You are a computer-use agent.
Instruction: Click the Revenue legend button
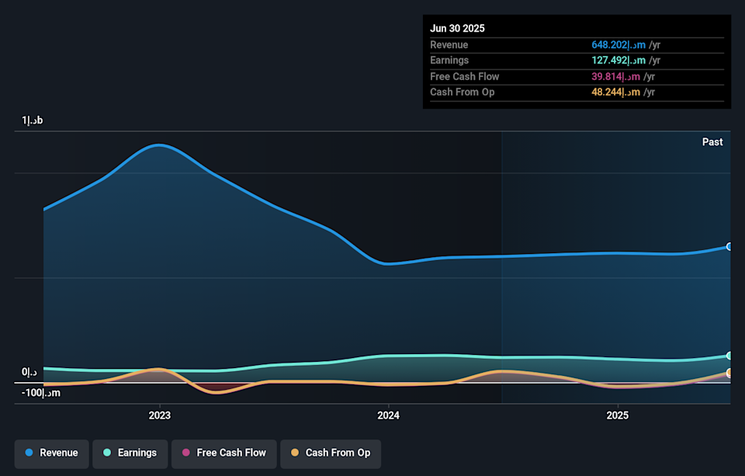coord(51,453)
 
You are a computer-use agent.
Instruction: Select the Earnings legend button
coord(130,453)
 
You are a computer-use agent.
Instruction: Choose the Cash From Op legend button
coord(330,453)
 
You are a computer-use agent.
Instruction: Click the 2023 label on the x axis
coord(159,415)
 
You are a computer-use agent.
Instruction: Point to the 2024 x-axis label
coord(388,415)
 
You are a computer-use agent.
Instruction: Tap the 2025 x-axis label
coord(617,415)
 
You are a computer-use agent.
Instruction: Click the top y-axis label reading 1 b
coord(33,120)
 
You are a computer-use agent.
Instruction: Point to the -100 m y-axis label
coord(40,393)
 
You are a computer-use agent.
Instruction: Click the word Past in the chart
coord(712,142)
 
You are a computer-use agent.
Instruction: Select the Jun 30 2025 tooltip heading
coord(457,28)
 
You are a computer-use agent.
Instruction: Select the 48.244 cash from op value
coord(618,92)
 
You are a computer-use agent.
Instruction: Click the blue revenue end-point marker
coord(729,246)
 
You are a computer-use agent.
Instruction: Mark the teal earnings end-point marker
coord(729,356)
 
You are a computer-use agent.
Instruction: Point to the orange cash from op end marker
coord(729,374)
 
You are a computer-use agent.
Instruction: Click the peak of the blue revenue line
coord(158,145)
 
